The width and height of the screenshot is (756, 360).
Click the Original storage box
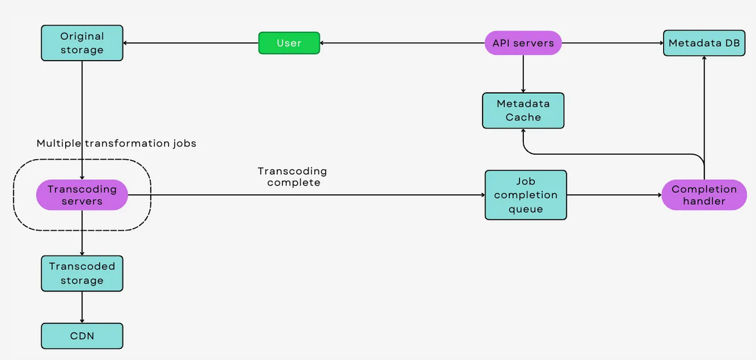82,43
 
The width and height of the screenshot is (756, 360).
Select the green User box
289,43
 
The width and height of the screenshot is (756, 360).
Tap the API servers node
523,43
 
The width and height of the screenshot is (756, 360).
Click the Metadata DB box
704,43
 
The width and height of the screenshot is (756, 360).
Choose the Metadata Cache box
523,110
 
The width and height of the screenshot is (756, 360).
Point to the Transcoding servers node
82,195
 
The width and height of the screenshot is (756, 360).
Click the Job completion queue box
526,195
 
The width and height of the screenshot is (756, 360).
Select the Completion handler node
704,195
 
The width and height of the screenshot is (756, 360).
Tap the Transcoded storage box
82,273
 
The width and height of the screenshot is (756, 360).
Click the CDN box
82,336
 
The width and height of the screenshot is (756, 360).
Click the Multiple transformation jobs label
116,144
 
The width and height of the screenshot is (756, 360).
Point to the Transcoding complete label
293,176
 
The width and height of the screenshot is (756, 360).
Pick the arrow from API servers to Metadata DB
612,43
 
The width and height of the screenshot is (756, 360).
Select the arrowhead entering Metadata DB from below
704,60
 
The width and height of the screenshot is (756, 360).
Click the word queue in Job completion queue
526,209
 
